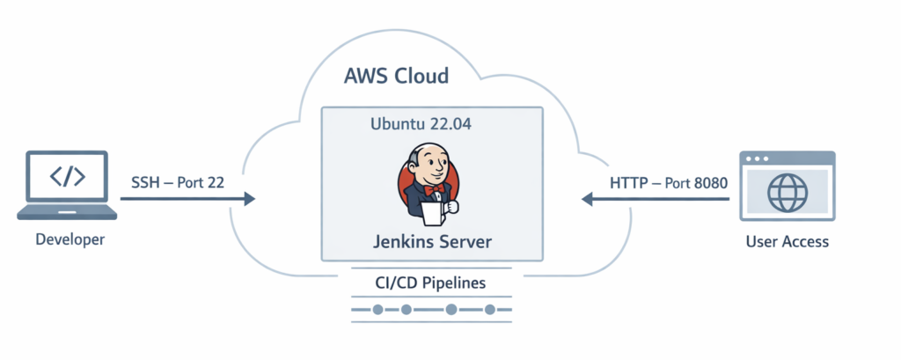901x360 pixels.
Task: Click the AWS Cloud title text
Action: point(396,76)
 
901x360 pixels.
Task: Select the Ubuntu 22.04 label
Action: point(420,124)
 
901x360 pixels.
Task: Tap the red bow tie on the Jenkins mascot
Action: point(431,189)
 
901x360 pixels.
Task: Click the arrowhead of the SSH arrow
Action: point(249,200)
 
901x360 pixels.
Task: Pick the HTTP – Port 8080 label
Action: point(669,182)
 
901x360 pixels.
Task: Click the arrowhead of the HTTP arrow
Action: point(586,200)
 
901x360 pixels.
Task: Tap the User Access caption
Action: point(787,240)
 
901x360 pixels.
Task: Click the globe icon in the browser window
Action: point(787,191)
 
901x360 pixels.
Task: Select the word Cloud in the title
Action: point(421,76)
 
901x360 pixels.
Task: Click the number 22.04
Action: point(448,124)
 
